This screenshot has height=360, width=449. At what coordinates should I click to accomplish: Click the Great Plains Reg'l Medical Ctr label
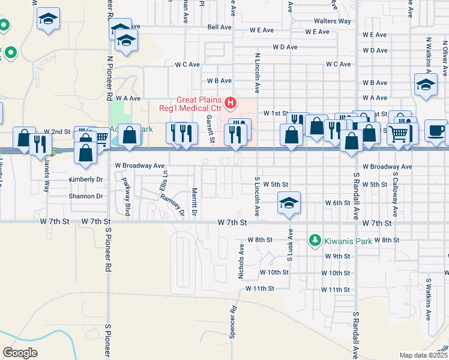[x=199, y=104]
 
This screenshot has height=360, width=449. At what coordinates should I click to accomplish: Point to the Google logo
[x=20, y=352]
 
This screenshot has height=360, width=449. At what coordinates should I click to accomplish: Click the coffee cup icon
[x=435, y=130]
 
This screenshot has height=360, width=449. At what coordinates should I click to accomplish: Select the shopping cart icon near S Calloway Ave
[x=398, y=133]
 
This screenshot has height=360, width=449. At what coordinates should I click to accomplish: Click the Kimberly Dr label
[x=86, y=179]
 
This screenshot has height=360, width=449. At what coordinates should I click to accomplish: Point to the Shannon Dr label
[x=86, y=196]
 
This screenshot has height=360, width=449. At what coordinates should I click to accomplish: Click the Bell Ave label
[x=219, y=27]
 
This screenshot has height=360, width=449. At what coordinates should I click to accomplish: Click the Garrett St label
[x=211, y=128]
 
